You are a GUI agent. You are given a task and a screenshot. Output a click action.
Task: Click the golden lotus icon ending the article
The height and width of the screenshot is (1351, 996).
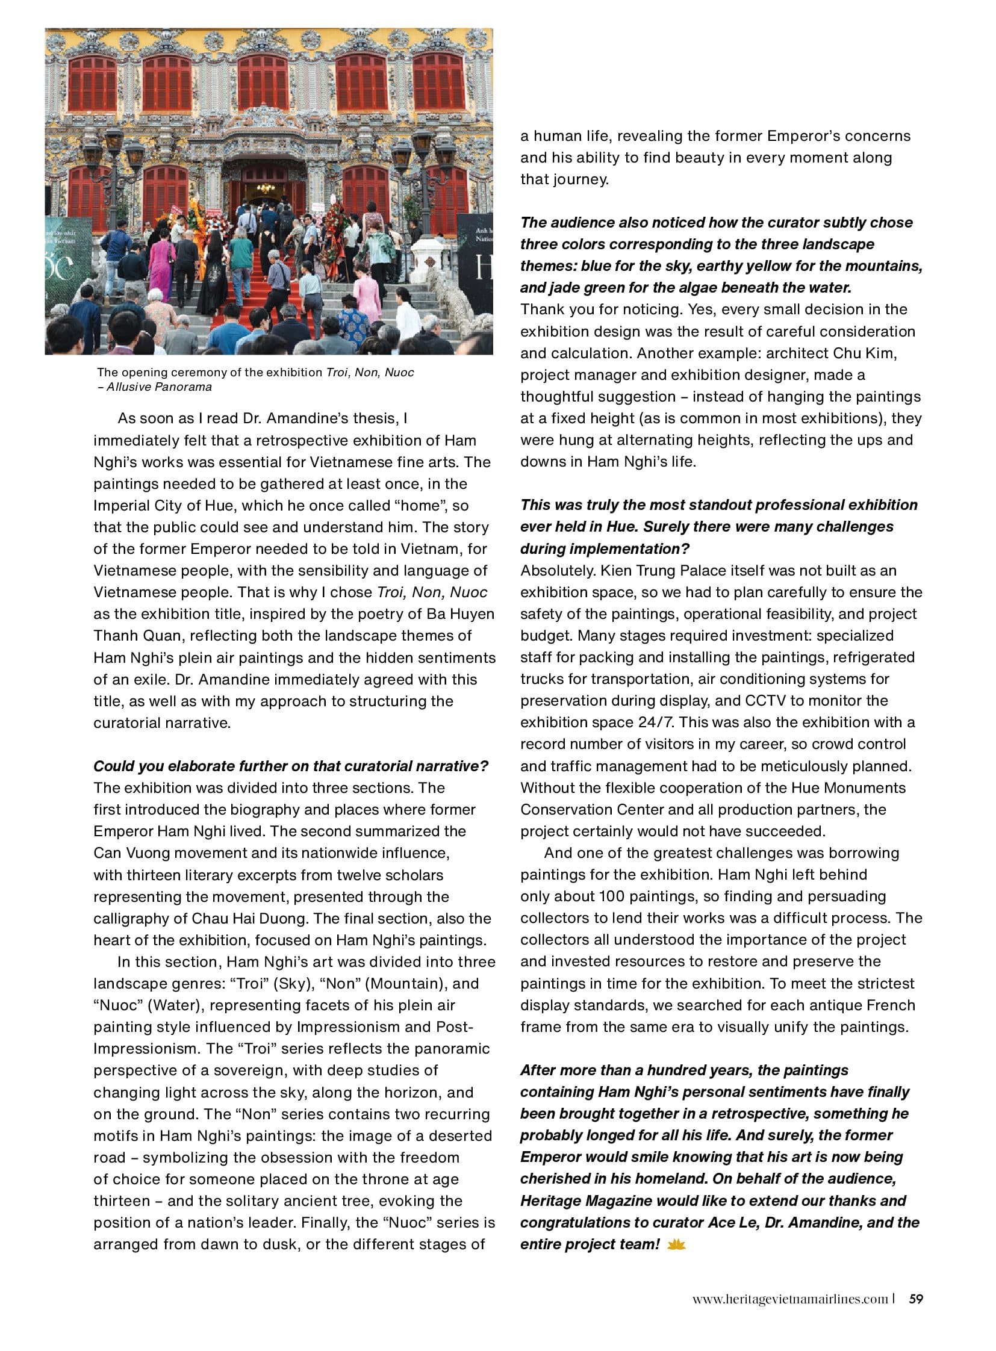pyautogui.click(x=676, y=1244)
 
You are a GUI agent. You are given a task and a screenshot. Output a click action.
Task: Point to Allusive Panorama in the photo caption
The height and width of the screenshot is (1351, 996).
pyautogui.click(x=159, y=387)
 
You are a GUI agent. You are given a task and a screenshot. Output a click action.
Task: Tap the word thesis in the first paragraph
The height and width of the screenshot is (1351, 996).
pyautogui.click(x=375, y=418)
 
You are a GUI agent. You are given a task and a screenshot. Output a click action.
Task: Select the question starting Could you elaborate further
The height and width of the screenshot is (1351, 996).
pyautogui.click(x=291, y=766)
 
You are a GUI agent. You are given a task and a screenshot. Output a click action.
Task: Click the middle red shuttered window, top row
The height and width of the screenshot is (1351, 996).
pyautogui.click(x=263, y=83)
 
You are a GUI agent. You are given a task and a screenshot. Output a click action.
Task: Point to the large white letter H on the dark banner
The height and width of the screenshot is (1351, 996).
pyautogui.click(x=482, y=267)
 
